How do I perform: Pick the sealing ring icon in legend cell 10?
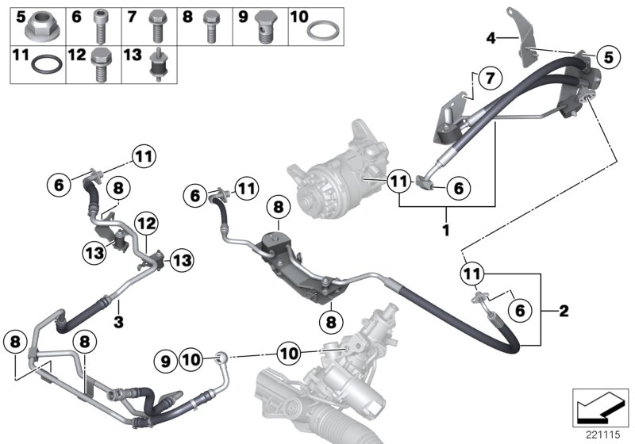[320, 33]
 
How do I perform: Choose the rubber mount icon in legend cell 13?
[156, 66]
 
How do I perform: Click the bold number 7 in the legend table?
[132, 16]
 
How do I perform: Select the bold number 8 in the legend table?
[187, 16]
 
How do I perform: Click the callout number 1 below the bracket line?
[446, 230]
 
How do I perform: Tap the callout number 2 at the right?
[564, 310]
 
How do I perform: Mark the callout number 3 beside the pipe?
[117, 321]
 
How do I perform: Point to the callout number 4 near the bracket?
[491, 37]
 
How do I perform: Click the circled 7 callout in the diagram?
[490, 78]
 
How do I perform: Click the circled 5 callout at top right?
[608, 57]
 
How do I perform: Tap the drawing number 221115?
[603, 433]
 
